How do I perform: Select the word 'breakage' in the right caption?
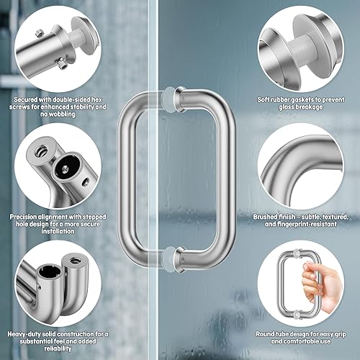pyautogui.click(x=318, y=107)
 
